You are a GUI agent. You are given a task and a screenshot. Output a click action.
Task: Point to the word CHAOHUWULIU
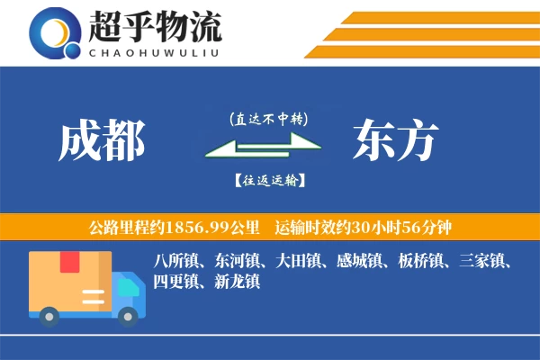pos(155,51)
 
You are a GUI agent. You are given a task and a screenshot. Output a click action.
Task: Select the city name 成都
pos(102,141)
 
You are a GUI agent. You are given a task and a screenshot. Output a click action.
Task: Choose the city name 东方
pos(396,141)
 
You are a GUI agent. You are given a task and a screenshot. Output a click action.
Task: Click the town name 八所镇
pos(175,263)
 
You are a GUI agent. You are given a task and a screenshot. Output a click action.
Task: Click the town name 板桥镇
pos(415,263)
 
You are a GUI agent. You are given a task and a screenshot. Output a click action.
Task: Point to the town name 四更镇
pos(175,282)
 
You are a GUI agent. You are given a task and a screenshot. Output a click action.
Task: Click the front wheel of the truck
pos(130,314)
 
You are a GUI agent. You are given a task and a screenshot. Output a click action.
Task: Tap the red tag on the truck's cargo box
pos(70,262)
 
